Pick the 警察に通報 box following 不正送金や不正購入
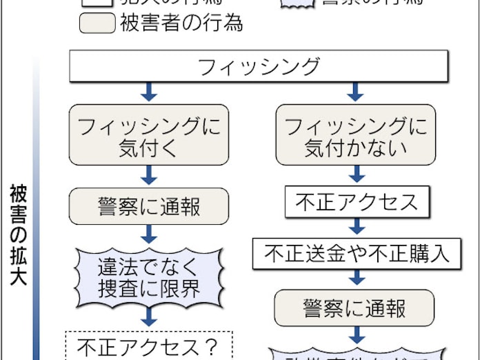[355, 308]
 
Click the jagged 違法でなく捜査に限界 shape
[149, 276]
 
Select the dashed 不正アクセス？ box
[149, 344]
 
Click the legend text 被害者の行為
[181, 23]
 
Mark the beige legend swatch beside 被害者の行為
[97, 23]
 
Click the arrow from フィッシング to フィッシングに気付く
[149, 92]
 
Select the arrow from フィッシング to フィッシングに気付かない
[355, 92]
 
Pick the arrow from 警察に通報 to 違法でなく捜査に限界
[149, 231]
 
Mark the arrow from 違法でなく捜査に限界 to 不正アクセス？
[149, 317]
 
